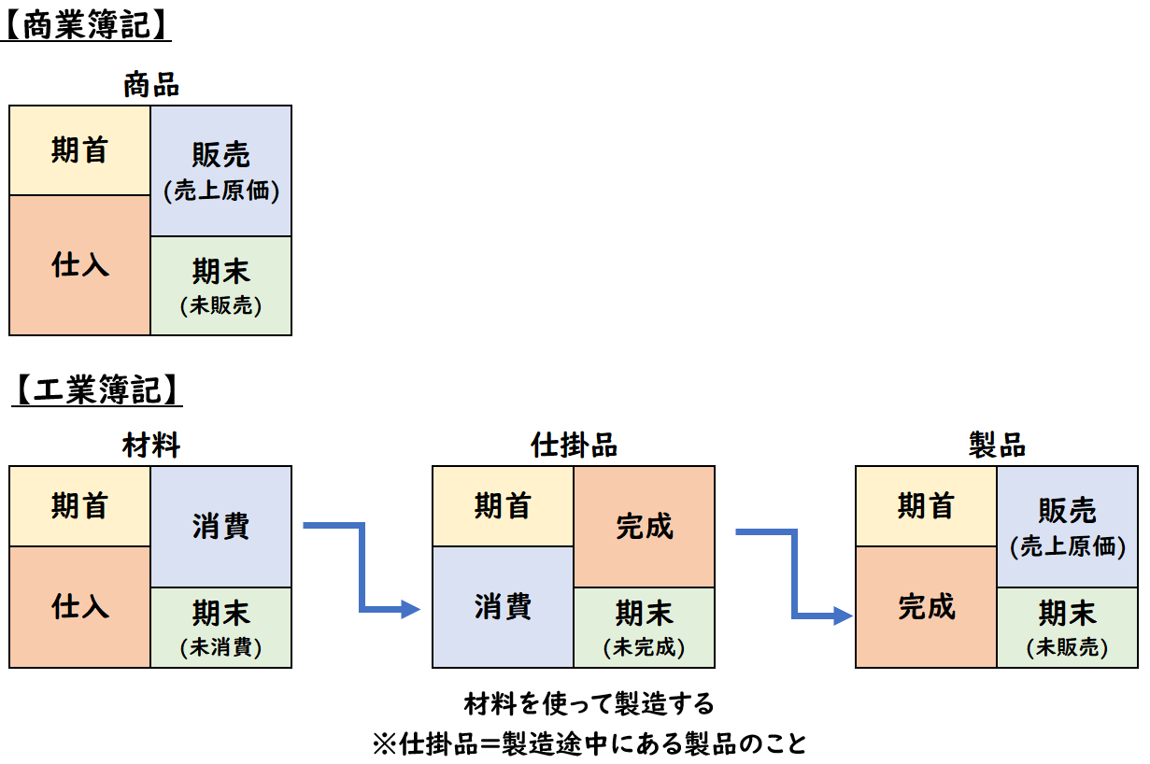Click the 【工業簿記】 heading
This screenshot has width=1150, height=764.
(95, 389)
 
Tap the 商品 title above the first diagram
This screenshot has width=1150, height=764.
(151, 86)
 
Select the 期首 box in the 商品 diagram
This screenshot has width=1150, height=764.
(80, 150)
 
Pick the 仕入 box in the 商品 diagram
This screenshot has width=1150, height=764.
(80, 265)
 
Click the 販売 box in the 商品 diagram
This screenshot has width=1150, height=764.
(221, 170)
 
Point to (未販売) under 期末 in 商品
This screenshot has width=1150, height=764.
(221, 304)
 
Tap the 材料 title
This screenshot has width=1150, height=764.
(151, 446)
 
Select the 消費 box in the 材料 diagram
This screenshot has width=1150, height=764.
(221, 526)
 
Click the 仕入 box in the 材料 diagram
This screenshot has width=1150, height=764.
(80, 607)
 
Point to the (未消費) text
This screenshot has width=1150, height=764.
(221, 646)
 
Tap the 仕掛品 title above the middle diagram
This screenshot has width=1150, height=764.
(574, 446)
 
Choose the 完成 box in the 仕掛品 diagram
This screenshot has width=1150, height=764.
(645, 526)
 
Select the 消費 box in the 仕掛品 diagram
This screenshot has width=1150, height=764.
(504, 607)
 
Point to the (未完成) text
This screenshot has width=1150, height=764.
(645, 646)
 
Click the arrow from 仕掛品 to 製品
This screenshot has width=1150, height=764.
(794, 574)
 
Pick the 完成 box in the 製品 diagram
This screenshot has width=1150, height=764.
(927, 607)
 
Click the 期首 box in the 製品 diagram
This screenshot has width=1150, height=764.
(927, 506)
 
